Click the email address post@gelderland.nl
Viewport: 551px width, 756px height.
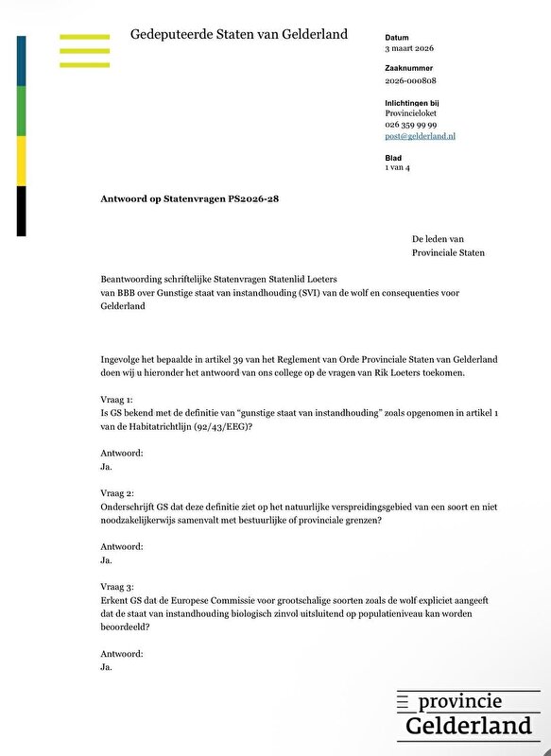[x=420, y=136]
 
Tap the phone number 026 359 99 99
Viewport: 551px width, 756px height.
[x=409, y=125]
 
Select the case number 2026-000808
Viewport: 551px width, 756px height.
[x=409, y=80]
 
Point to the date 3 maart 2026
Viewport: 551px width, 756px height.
[x=409, y=47]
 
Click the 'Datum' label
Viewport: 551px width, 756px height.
[x=397, y=37]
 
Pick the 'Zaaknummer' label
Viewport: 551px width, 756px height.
[x=409, y=69]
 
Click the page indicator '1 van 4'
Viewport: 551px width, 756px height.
[x=397, y=167]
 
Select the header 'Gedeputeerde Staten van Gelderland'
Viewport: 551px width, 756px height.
[x=239, y=34]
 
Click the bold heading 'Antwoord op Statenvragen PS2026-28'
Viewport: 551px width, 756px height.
[x=189, y=198]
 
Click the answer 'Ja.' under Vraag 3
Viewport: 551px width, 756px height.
[x=106, y=667]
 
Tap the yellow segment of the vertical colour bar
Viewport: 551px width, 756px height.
[x=22, y=161]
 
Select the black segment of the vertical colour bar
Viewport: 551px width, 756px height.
[x=22, y=211]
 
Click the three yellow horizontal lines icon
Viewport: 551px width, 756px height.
[x=85, y=50]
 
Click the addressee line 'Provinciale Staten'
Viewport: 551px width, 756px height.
[x=449, y=252]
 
